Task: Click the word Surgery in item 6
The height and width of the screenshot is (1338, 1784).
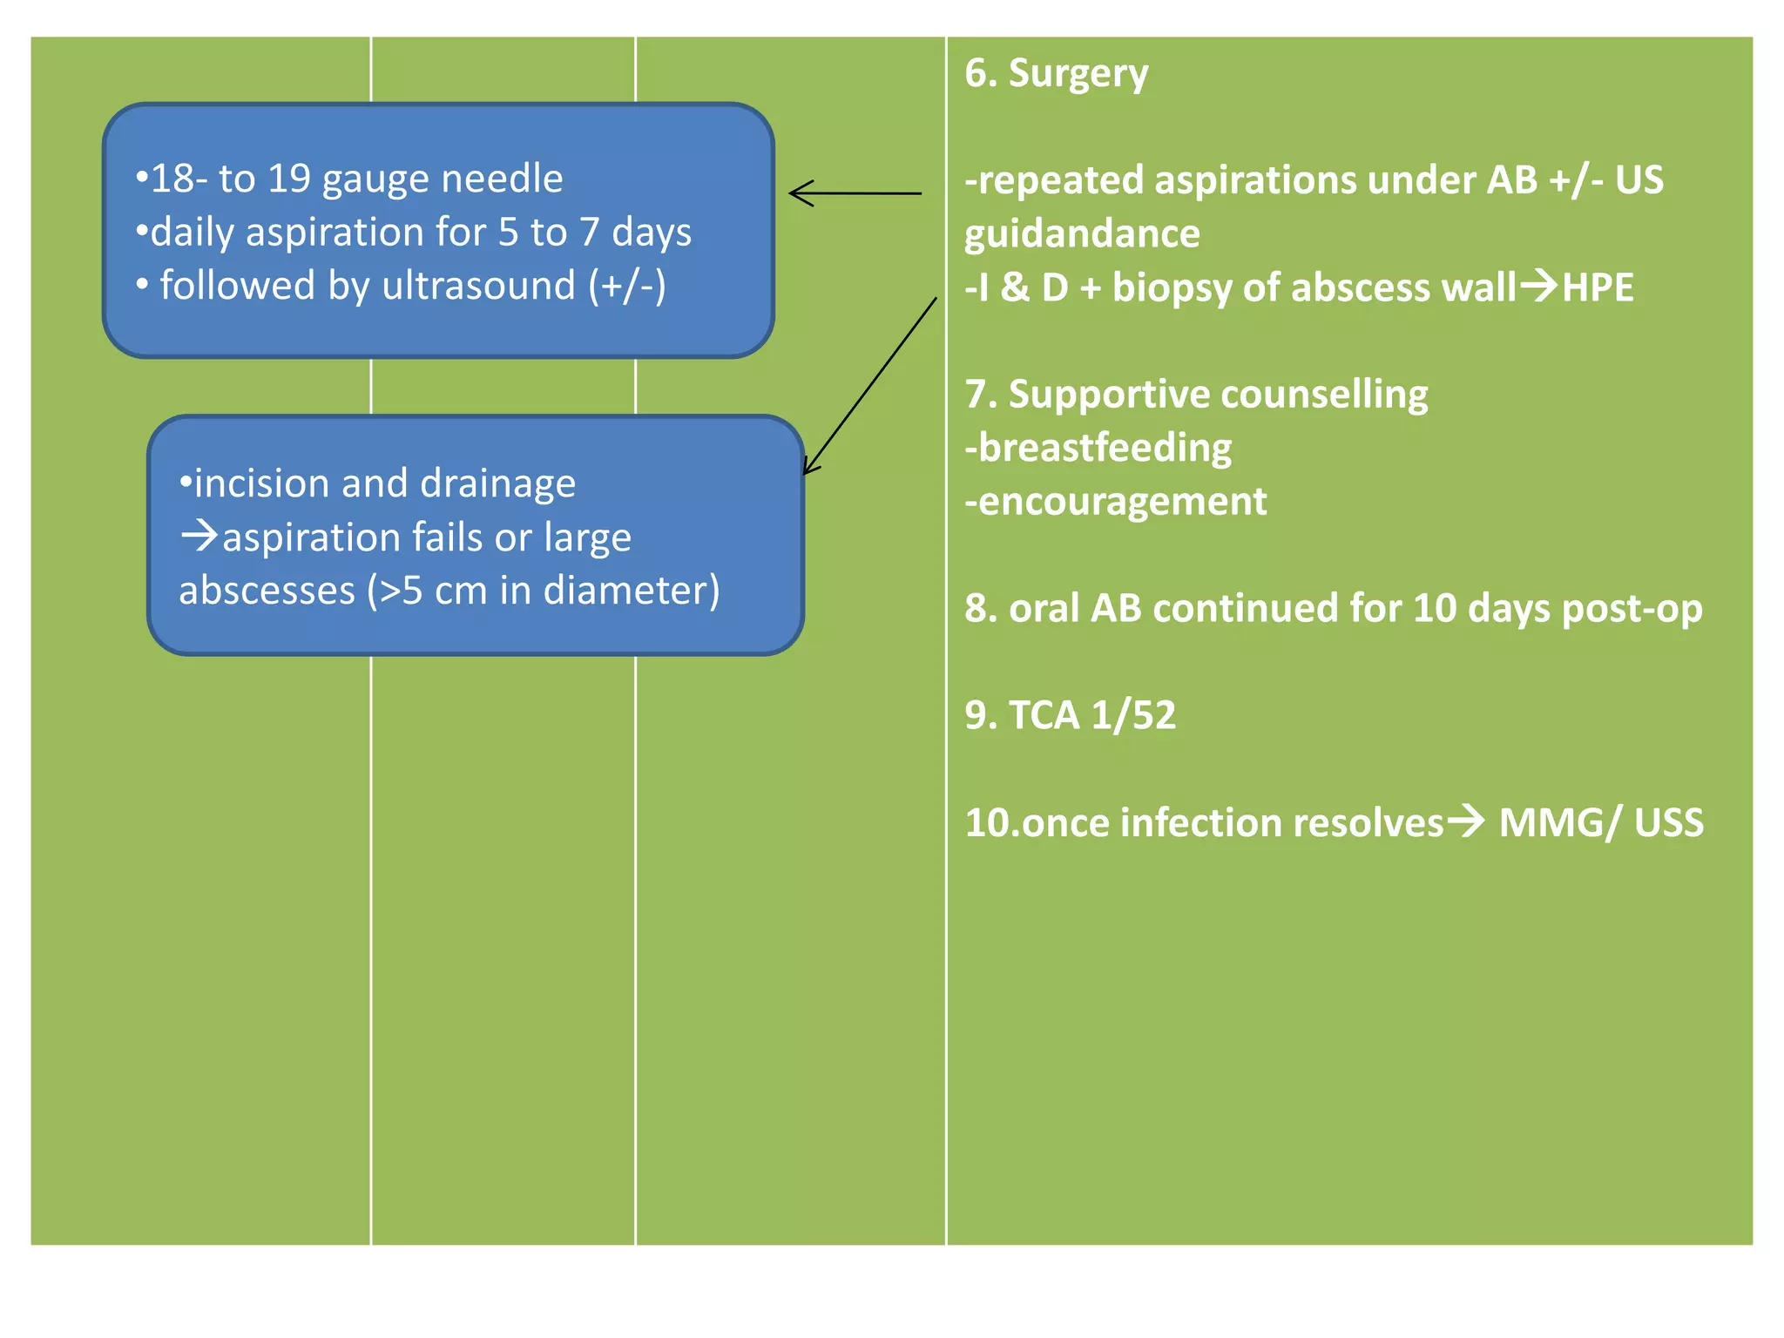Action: coord(1078,74)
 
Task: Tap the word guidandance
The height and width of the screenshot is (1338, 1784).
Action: coord(1082,234)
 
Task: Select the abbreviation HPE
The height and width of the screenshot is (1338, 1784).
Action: coord(1598,288)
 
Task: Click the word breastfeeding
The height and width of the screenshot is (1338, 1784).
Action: coord(1105,449)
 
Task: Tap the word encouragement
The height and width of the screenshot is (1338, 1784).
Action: coord(1122,502)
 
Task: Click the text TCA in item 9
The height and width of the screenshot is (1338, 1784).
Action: coord(1044,716)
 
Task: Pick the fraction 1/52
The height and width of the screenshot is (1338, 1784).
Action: coord(1133,716)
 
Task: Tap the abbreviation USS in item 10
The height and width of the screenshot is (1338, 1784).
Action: coord(1668,823)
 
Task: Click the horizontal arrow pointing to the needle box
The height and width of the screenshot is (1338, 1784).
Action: coord(855,193)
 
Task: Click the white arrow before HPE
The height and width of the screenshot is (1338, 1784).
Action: coord(1538,286)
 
